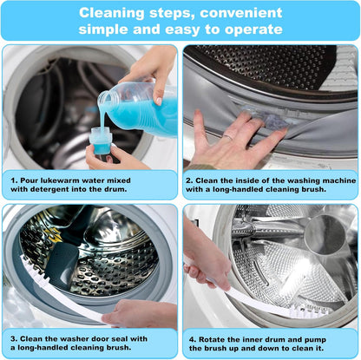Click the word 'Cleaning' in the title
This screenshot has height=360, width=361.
point(111,13)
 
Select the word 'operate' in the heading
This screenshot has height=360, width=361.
point(253,29)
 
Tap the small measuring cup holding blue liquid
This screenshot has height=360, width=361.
point(102,139)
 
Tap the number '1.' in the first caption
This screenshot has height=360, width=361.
point(15,180)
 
